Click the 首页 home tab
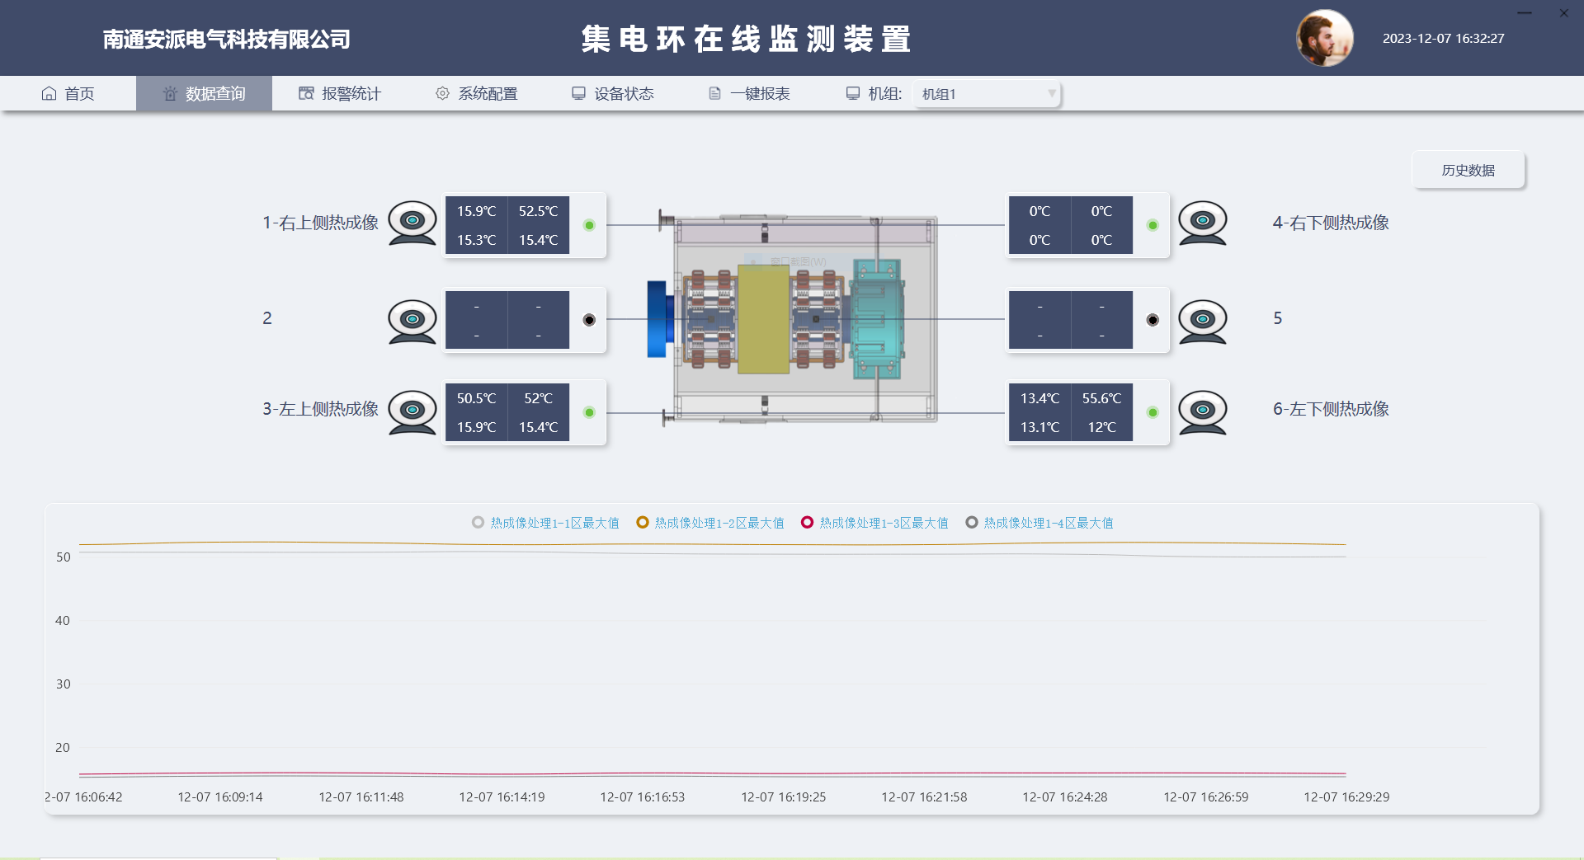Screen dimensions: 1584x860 click(x=68, y=94)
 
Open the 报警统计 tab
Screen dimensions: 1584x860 click(x=340, y=94)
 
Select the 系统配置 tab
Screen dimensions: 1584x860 click(x=476, y=94)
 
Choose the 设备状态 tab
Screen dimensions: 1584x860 click(x=612, y=94)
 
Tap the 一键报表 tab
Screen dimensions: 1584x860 click(x=749, y=94)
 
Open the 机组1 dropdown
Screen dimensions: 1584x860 click(x=987, y=94)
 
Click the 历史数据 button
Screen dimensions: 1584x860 click(x=1468, y=170)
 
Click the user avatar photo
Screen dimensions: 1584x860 click(x=1325, y=38)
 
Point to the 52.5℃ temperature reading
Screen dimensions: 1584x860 click(x=538, y=211)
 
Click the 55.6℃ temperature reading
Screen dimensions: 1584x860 click(x=1101, y=398)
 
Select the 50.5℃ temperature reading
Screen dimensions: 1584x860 click(x=476, y=398)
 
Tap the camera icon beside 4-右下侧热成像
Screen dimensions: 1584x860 click(x=1202, y=223)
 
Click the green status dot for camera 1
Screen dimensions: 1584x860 click(x=589, y=225)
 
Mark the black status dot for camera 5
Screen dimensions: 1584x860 click(x=1153, y=320)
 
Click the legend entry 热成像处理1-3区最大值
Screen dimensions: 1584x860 click(x=874, y=523)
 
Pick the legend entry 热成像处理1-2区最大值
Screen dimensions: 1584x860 click(x=710, y=523)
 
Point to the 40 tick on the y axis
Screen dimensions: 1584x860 click(x=63, y=620)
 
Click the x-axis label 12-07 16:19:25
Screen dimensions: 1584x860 click(x=783, y=797)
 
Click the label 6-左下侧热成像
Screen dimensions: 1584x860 click(x=1331, y=409)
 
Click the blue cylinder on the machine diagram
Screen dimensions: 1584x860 click(x=658, y=319)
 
